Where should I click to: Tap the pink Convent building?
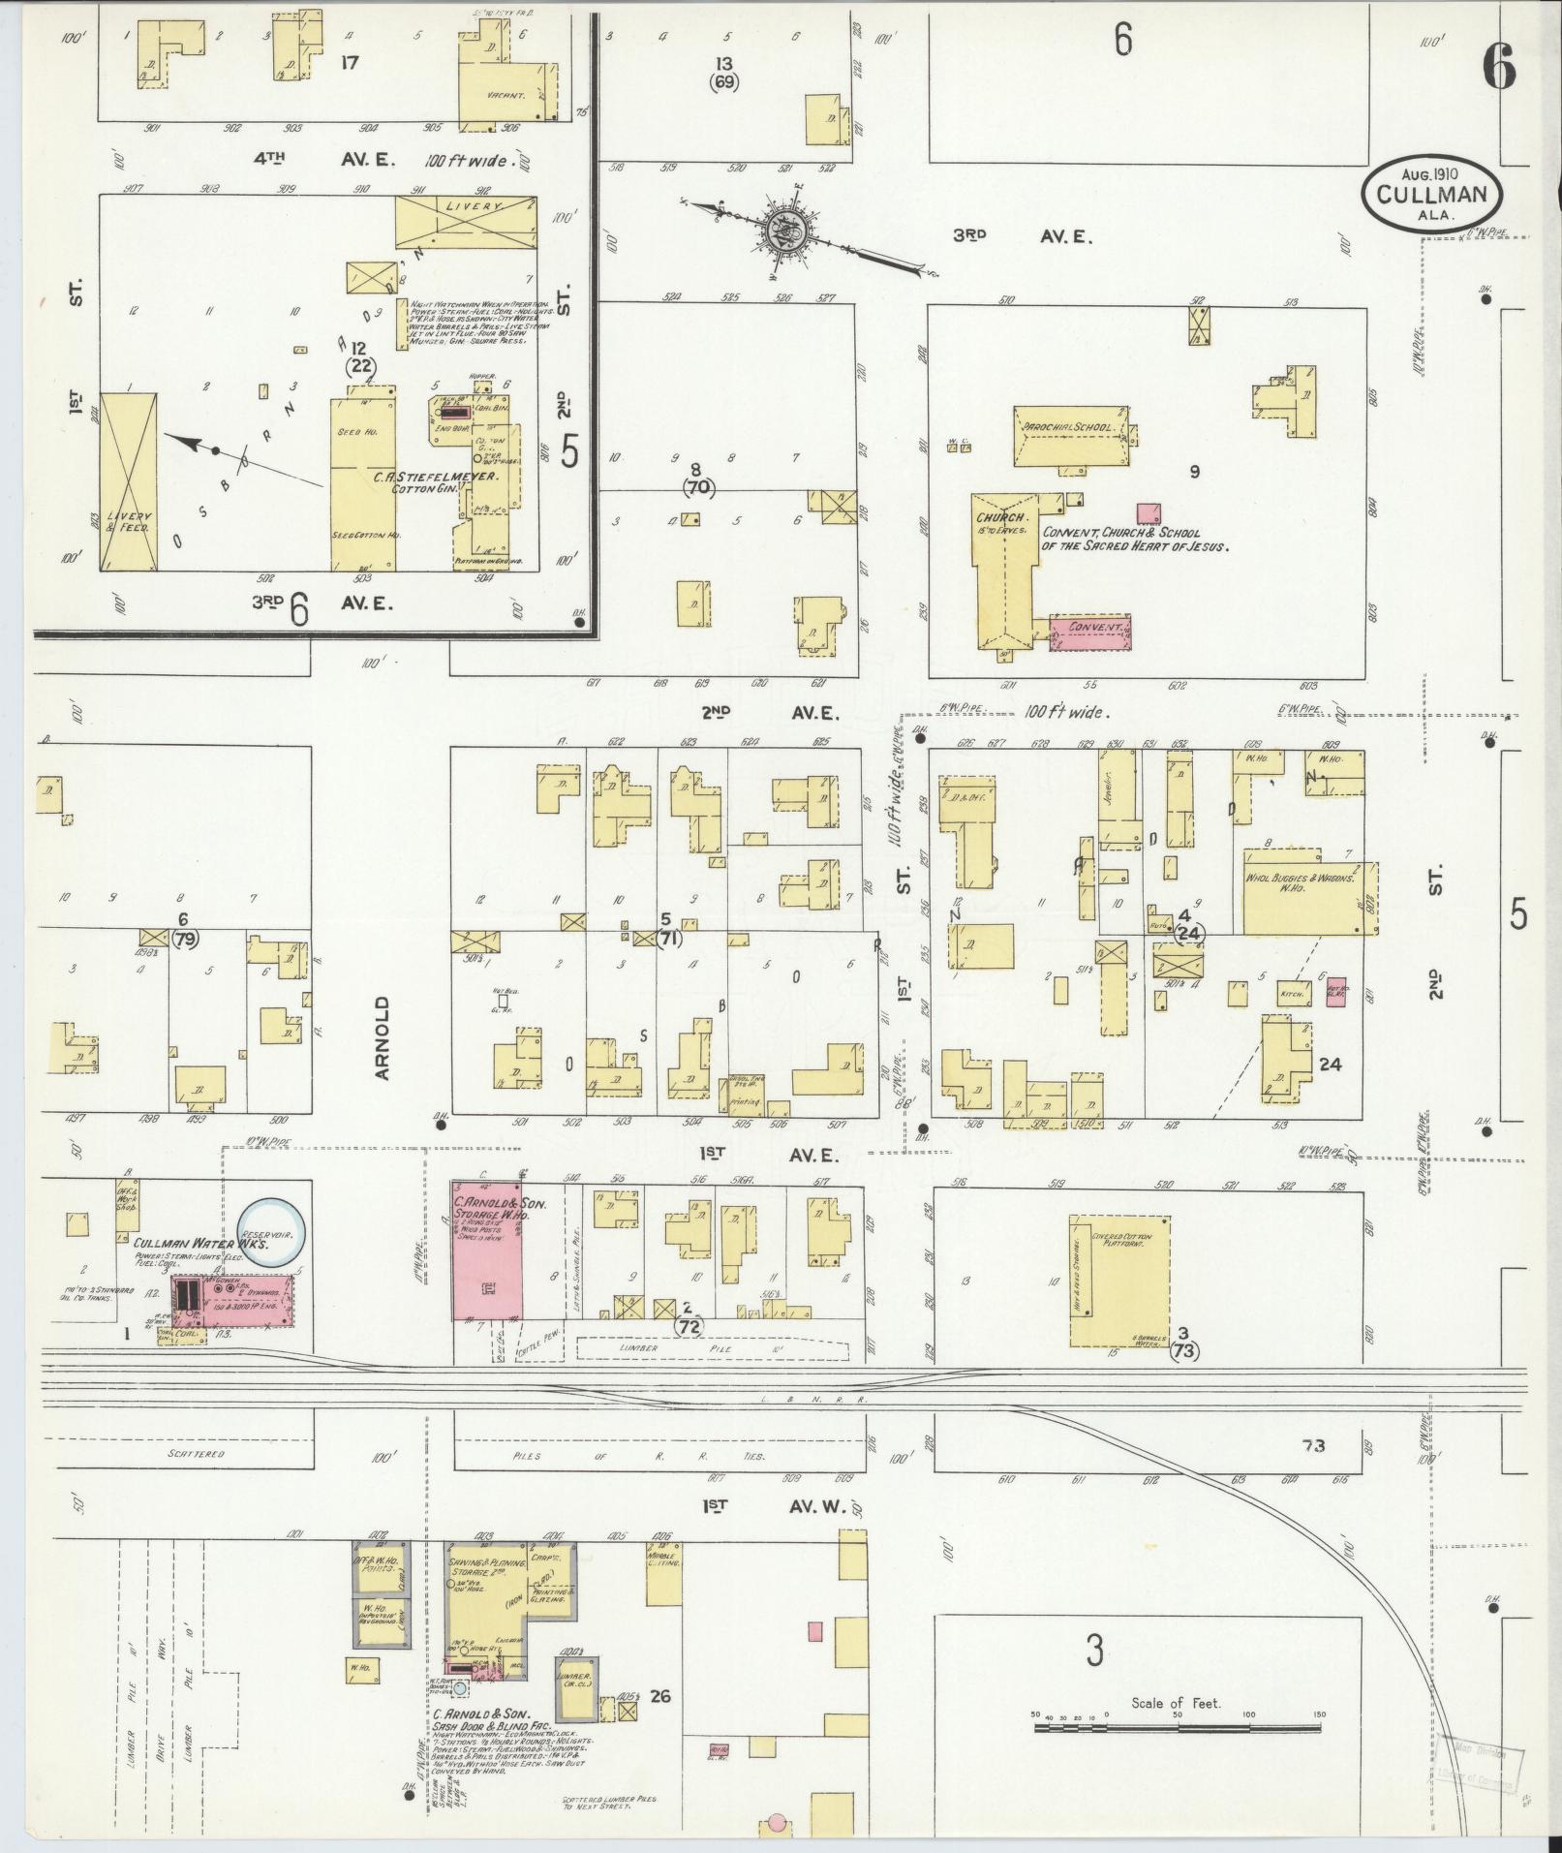point(1092,629)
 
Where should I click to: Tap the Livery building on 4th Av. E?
point(466,222)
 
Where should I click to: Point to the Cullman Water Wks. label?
point(200,1244)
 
